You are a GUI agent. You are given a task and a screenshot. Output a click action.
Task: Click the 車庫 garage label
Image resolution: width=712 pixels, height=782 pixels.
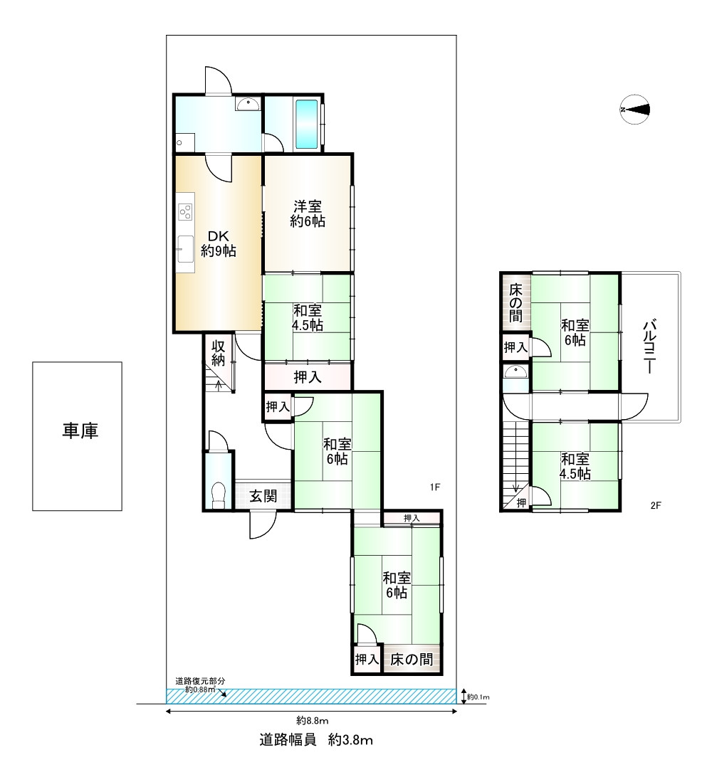click(x=80, y=430)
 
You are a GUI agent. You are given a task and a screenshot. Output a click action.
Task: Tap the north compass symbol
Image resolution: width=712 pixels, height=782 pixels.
click(x=635, y=109)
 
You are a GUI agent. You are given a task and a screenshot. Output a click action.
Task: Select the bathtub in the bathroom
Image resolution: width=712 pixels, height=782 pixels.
click(x=306, y=124)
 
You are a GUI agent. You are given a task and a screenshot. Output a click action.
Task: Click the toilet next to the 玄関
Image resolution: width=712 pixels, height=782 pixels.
click(x=219, y=495)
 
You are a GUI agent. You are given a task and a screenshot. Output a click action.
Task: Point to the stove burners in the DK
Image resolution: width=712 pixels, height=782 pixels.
click(x=185, y=212)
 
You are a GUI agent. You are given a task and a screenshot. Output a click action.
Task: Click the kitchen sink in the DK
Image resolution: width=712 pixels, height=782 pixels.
click(x=185, y=248)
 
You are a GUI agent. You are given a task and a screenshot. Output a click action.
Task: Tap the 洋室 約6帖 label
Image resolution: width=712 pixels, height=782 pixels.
click(x=308, y=213)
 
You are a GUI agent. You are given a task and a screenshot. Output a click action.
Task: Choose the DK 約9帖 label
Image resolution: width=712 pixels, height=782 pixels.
click(x=219, y=244)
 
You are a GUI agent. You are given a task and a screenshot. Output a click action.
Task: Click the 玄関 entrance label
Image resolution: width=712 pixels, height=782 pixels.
click(x=263, y=496)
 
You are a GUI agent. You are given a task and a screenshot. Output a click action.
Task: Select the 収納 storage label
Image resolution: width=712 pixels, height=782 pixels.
click(x=218, y=353)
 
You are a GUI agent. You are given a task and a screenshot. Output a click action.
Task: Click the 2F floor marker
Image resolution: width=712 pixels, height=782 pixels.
click(x=656, y=505)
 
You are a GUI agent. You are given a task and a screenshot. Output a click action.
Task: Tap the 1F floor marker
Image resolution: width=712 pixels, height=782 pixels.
click(x=435, y=487)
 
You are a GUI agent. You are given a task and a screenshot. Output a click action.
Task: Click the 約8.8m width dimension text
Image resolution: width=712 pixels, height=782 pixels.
click(x=313, y=721)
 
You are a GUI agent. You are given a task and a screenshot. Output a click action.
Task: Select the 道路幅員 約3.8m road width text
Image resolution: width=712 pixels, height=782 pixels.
click(x=316, y=739)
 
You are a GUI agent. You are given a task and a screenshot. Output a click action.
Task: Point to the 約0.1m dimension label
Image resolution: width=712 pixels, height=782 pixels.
click(x=478, y=697)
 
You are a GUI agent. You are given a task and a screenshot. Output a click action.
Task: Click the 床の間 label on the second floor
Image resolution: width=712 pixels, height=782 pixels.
click(x=515, y=302)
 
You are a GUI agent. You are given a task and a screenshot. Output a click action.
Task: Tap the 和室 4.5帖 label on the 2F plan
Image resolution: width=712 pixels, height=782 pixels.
click(x=575, y=466)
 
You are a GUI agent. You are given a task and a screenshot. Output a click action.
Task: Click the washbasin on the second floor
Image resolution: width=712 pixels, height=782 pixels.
click(x=515, y=372)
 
